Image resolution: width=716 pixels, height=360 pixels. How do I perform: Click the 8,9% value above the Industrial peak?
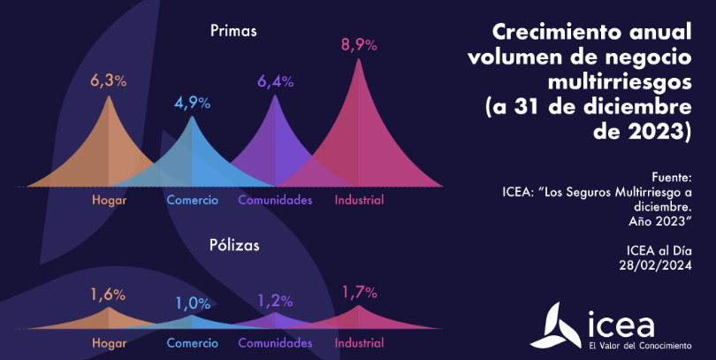tap(359, 45)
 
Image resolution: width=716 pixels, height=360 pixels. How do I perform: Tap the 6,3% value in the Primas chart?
tap(109, 80)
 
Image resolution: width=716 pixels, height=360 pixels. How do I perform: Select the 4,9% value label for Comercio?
tap(192, 103)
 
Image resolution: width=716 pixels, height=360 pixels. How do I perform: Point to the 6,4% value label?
tap(275, 81)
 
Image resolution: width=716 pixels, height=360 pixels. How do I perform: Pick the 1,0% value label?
tap(193, 303)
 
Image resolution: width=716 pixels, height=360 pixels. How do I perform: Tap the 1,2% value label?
tap(275, 301)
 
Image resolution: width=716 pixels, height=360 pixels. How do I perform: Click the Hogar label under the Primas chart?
tap(109, 200)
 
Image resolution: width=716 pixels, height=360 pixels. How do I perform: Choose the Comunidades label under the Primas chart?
tap(275, 200)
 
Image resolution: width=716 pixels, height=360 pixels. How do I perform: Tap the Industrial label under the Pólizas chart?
tap(359, 341)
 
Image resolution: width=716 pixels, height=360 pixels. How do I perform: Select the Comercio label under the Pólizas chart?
tap(193, 341)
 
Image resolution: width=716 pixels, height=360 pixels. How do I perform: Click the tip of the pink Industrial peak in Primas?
tap(359, 60)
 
